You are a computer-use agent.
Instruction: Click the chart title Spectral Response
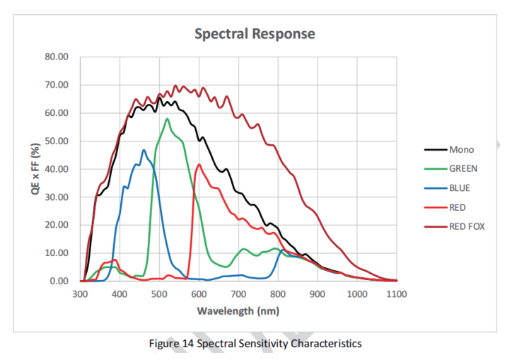255,34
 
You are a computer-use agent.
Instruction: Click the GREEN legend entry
463,168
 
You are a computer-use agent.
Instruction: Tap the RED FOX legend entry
467,226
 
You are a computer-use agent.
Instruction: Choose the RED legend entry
459,207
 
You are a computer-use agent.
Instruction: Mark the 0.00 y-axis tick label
59,281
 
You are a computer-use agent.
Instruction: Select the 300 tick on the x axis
80,294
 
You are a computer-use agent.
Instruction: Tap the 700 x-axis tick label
238,294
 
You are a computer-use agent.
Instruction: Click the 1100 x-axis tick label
397,294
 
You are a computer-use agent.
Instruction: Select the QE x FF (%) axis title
35,169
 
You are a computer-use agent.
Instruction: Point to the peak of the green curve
167,119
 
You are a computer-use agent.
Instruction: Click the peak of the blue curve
144,150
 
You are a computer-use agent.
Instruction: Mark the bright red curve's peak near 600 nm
199,165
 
